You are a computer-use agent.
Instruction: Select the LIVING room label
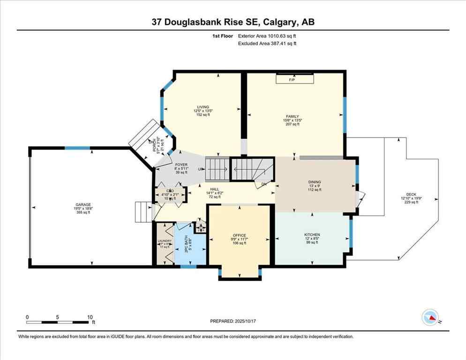point(203,107)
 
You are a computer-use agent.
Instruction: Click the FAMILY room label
point(293,117)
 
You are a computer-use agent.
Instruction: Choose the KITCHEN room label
point(312,234)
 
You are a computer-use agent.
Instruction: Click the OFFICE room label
point(239,235)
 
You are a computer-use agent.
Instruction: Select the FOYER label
point(181,165)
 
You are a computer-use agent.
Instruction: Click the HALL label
point(215,189)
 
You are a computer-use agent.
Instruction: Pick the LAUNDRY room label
point(165,241)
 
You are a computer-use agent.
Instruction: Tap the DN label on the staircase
point(264,184)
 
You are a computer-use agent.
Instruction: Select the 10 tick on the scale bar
point(90,317)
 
